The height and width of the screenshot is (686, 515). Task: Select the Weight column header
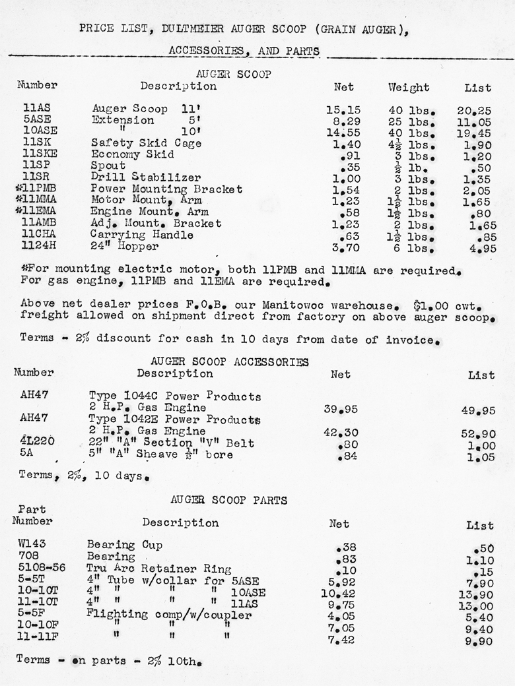coord(409,87)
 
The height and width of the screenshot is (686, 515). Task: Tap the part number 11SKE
coord(38,154)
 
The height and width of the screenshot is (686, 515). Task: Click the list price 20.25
coord(474,109)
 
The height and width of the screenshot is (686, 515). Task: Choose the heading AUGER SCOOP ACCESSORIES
coord(229,361)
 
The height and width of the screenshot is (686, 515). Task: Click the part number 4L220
coord(37,443)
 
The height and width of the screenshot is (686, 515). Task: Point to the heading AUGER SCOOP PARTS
coord(228,501)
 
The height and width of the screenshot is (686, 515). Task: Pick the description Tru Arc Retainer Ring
coord(158,569)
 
